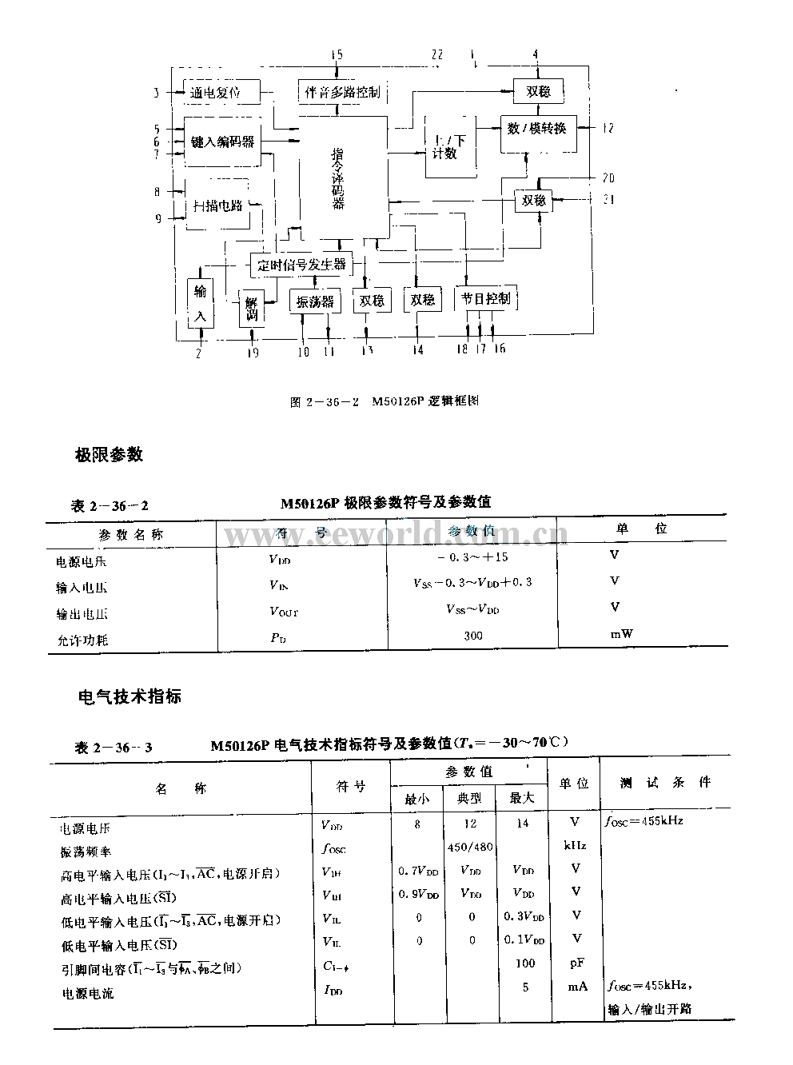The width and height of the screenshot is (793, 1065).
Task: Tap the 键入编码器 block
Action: click(222, 142)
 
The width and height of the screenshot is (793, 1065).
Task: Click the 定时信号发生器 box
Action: click(301, 263)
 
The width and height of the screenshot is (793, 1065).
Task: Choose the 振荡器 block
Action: click(315, 301)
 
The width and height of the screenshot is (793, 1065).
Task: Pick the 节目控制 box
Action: click(485, 299)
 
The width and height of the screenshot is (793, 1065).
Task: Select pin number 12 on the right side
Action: click(608, 128)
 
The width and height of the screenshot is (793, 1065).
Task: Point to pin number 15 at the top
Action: click(337, 54)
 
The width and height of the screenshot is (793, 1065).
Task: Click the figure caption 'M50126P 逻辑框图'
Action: click(424, 401)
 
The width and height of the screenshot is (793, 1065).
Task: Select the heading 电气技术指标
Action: click(129, 696)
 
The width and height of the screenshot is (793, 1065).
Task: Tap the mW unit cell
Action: click(622, 634)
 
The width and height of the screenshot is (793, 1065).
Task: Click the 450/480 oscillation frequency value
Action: click(472, 846)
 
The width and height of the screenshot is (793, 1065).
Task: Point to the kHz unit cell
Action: click(575, 845)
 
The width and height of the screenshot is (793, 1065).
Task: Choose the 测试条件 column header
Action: click(664, 783)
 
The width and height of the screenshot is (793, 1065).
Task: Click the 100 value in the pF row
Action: click(524, 963)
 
